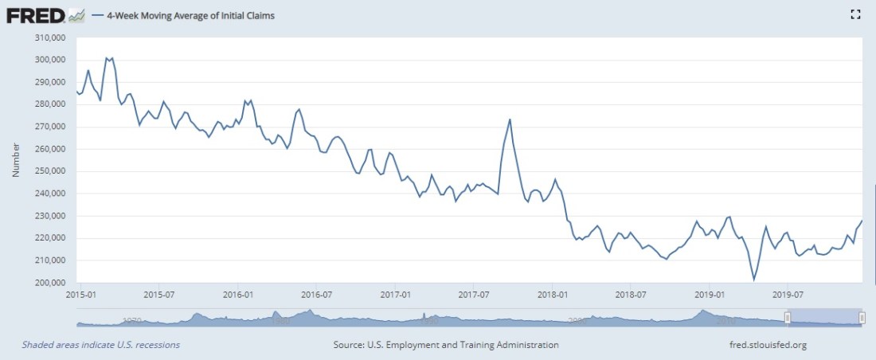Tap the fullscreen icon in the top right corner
pos(856,14)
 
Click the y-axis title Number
pos(15,160)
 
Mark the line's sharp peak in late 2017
pos(510,119)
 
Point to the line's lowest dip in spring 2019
pos(753,280)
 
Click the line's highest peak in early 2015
pos(108,57)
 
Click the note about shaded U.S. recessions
pos(100,345)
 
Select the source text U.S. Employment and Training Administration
pos(446,345)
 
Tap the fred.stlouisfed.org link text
pos(768,345)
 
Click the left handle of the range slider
pos(787,319)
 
